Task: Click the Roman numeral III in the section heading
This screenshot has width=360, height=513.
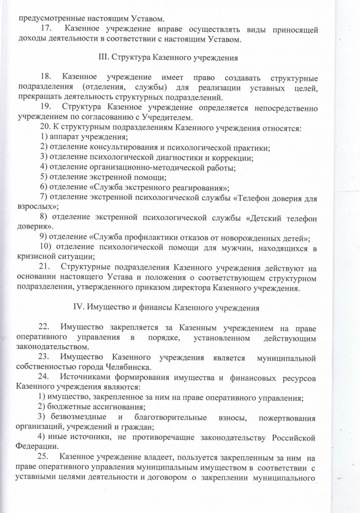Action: [x=103, y=57]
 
